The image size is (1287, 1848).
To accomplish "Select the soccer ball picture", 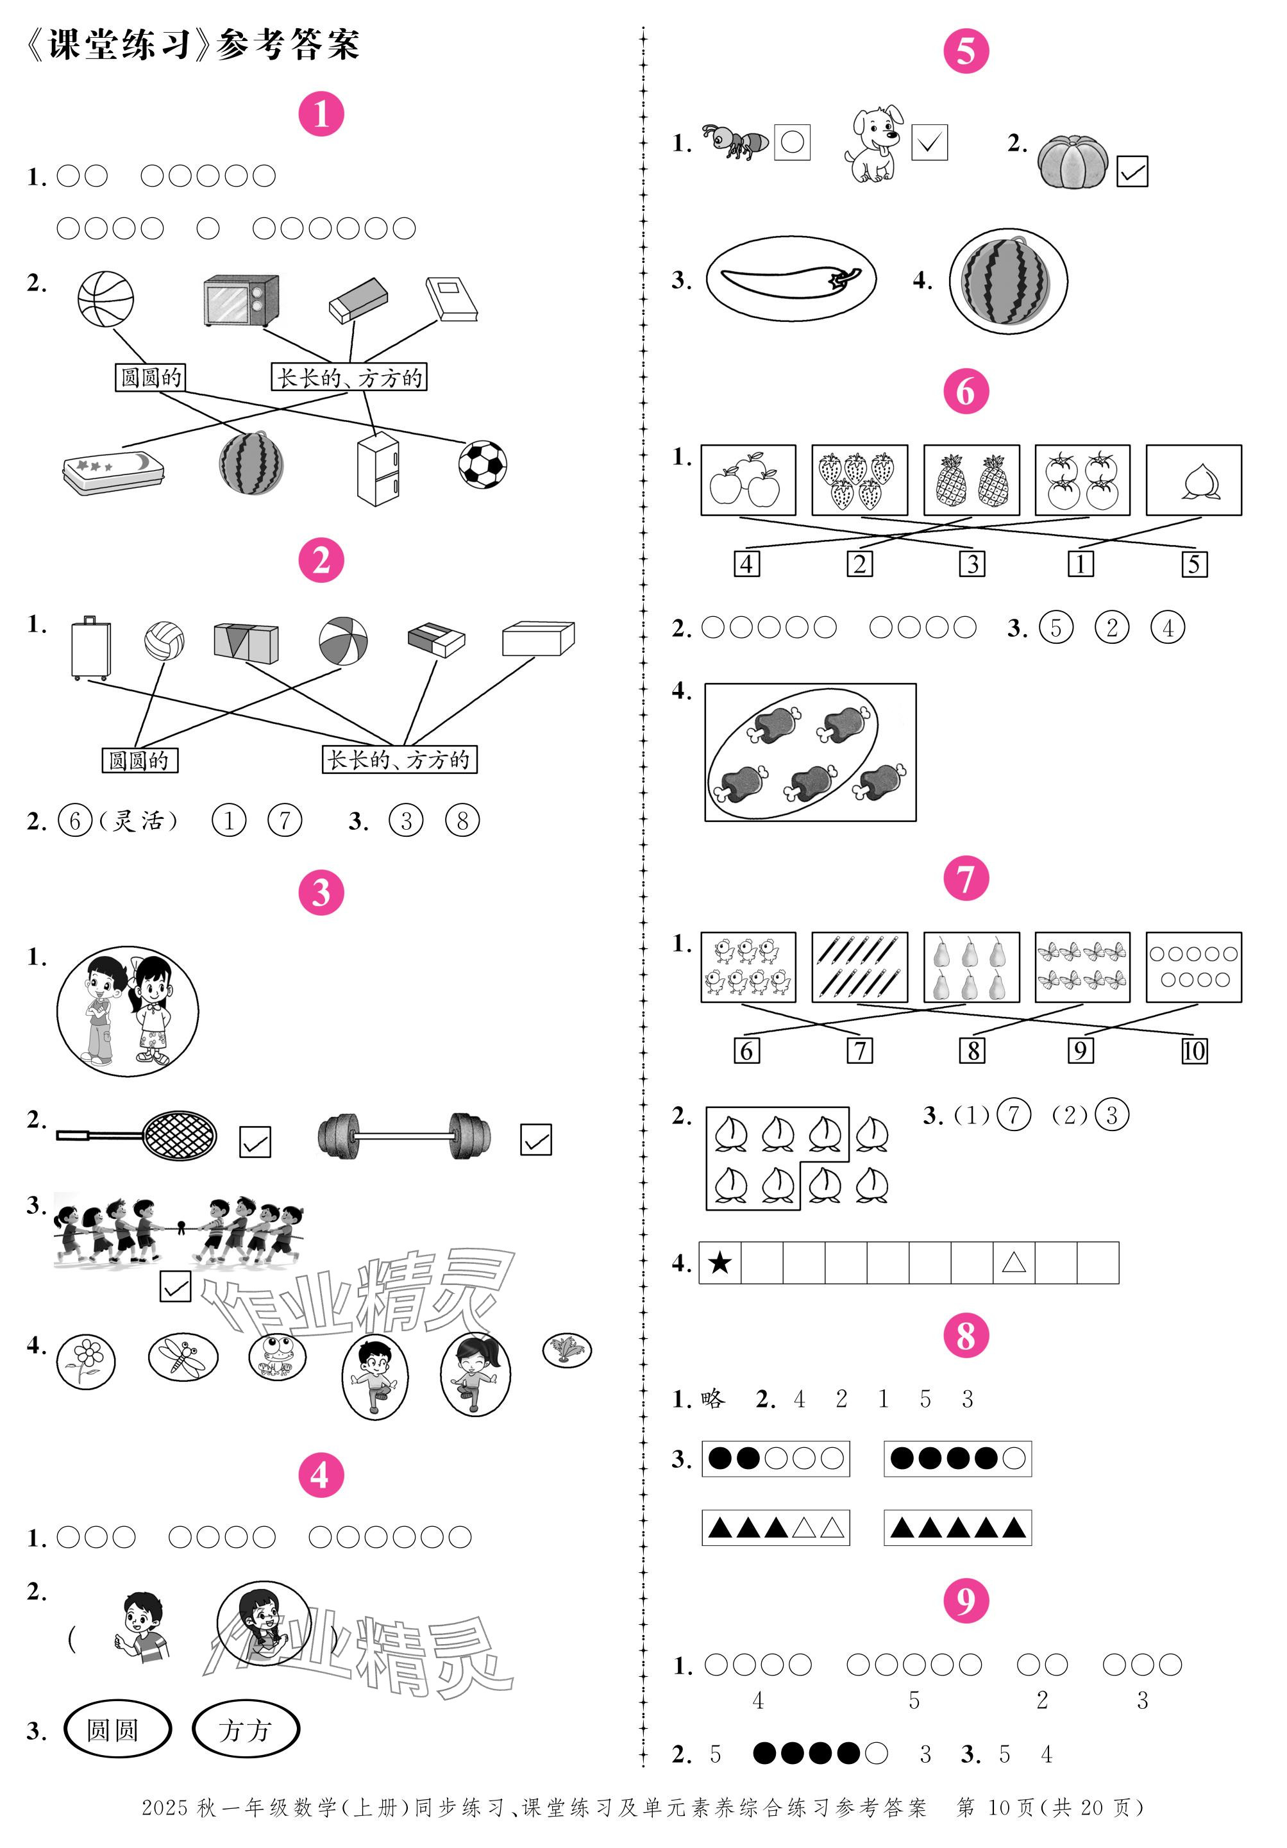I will point(482,464).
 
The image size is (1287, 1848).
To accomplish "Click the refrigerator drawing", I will point(378,469).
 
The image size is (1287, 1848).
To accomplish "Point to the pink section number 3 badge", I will point(321,893).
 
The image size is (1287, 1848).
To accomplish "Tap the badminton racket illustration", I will point(137,1135).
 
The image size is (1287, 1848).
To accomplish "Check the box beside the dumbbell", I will point(535,1139).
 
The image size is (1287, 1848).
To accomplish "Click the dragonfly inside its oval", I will point(183,1356).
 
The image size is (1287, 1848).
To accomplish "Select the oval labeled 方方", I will point(246,1729).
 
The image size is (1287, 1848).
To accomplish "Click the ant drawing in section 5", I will point(734,142).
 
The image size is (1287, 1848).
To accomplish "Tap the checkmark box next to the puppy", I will point(929,142).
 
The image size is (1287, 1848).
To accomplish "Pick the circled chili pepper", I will point(791,278).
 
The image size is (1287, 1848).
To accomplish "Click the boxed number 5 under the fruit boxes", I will point(1193,564).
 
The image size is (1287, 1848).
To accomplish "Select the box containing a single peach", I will point(1193,480).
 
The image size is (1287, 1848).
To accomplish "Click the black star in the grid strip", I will point(719,1262).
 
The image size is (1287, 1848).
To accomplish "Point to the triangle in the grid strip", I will point(1013,1262).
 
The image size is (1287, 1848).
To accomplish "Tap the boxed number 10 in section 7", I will point(1193,1050).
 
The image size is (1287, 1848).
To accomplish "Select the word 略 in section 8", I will point(712,1400).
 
